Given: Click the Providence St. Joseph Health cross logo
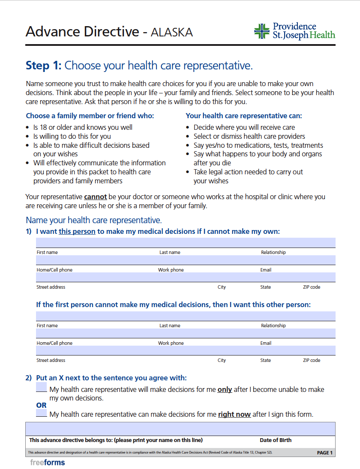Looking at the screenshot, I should [262, 31].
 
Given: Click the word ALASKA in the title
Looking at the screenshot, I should [171, 32].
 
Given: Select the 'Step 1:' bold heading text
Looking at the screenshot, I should [44, 66].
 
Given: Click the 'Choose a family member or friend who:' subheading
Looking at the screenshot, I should [90, 116].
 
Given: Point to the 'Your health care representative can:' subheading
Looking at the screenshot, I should [243, 116].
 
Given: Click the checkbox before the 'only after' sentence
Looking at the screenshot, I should [42, 388].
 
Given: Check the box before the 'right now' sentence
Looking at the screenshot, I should [42, 413].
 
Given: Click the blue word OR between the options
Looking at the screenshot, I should [42, 405].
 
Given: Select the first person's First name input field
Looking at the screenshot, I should [96, 243].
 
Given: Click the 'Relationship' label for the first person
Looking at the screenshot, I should [273, 252].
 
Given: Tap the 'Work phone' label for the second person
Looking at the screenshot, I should [171, 343].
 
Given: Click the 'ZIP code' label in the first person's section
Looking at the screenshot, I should [312, 287].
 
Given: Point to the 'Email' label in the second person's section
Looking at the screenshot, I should [266, 343].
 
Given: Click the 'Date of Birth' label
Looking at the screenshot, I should [276, 440].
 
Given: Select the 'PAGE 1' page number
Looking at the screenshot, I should [324, 453].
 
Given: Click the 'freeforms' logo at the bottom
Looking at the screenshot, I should [48, 463].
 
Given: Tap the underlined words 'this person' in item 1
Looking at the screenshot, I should [77, 232].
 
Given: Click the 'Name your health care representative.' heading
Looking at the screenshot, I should [94, 221].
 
